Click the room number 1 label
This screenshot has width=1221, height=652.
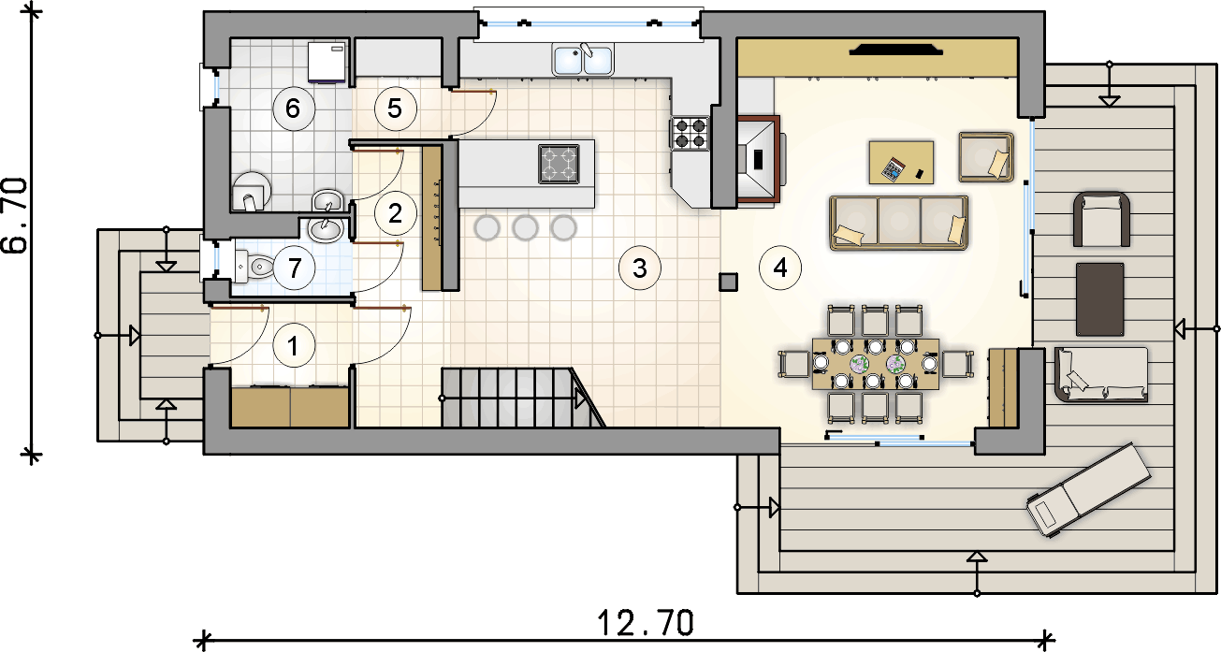click(x=294, y=345)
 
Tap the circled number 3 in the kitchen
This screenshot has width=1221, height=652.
click(x=640, y=268)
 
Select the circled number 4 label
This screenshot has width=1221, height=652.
click(x=780, y=268)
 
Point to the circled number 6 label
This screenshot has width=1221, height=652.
click(x=293, y=109)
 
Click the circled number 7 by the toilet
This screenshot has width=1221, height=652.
click(x=295, y=268)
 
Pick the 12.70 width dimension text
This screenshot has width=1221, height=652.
click(x=646, y=623)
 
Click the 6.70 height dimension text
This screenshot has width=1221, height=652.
click(x=15, y=216)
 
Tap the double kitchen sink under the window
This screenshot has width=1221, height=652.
click(x=582, y=60)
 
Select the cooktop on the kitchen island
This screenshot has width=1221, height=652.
click(x=559, y=164)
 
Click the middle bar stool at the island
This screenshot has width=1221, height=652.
click(x=526, y=228)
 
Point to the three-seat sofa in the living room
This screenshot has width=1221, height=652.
click(x=898, y=223)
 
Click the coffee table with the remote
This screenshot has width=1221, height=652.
click(x=901, y=163)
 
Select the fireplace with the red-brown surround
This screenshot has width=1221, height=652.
click(x=758, y=159)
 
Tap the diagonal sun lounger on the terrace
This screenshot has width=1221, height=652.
click(x=1088, y=490)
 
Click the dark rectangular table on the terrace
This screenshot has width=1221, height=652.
click(x=1099, y=299)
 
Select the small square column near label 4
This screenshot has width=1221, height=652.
click(x=728, y=282)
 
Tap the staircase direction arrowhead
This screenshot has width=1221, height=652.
click(x=580, y=399)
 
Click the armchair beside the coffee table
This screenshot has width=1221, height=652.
click(x=986, y=157)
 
